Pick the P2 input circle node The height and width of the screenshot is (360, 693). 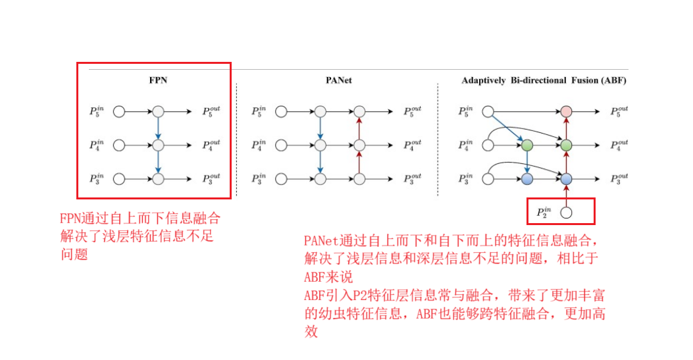pyautogui.click(x=566, y=213)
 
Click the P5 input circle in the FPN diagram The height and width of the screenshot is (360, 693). pyautogui.click(x=119, y=111)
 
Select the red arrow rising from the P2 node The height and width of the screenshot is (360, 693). pyautogui.click(x=566, y=195)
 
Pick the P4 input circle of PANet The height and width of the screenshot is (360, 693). pyautogui.click(x=281, y=145)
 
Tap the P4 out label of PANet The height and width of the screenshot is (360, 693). pyautogui.click(x=413, y=145)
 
